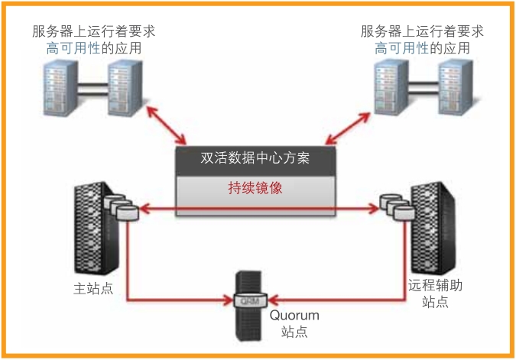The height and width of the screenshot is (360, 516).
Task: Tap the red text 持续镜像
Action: coord(255,188)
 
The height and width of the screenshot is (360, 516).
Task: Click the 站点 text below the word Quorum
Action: coord(294,332)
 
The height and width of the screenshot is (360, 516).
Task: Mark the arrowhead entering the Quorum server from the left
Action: coord(232,299)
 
